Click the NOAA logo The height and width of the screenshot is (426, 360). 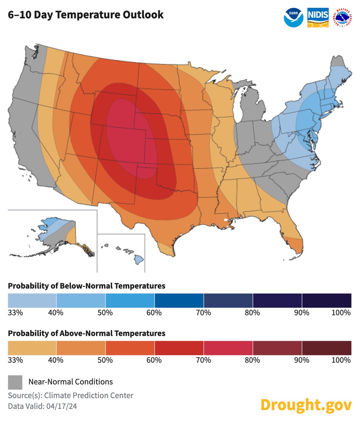tap(294, 17)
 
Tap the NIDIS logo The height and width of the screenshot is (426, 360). tap(318, 17)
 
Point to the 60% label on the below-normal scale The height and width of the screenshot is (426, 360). tap(154, 313)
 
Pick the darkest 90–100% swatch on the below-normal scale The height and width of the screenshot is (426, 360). tap(327, 300)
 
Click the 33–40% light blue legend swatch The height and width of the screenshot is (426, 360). tap(32, 300)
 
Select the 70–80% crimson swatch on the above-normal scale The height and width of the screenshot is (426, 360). tap(228, 348)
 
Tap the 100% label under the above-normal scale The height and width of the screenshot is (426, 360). tap(343, 360)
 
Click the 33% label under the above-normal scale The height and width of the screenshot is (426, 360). tap(15, 360)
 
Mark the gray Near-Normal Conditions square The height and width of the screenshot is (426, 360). tap(15, 382)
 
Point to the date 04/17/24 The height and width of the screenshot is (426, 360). tap(61, 406)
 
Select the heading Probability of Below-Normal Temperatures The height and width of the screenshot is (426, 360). tap(87, 286)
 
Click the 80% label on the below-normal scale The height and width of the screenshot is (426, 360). tap(252, 313)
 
